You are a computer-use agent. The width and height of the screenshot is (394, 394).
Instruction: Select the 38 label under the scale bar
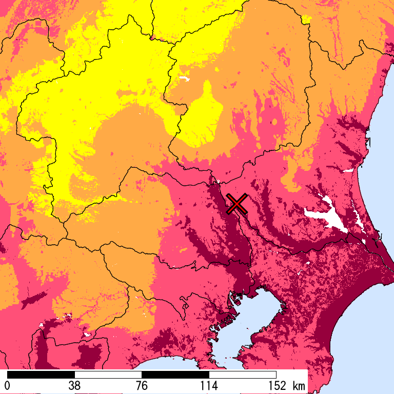(75, 386)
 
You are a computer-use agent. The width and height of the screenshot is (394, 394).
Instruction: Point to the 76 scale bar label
(142, 386)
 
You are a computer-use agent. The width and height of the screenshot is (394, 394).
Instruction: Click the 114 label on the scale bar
(209, 386)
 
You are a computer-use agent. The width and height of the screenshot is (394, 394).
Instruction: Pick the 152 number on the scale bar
(276, 386)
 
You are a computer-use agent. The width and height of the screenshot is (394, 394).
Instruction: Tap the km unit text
(298, 386)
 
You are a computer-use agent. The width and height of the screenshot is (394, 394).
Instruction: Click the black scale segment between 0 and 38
(41, 375)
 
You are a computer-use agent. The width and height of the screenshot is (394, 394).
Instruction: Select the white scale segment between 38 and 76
(108, 375)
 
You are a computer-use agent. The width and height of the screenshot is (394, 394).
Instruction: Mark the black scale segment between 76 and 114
(175, 375)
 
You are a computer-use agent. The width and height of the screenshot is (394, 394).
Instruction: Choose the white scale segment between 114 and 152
(243, 375)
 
